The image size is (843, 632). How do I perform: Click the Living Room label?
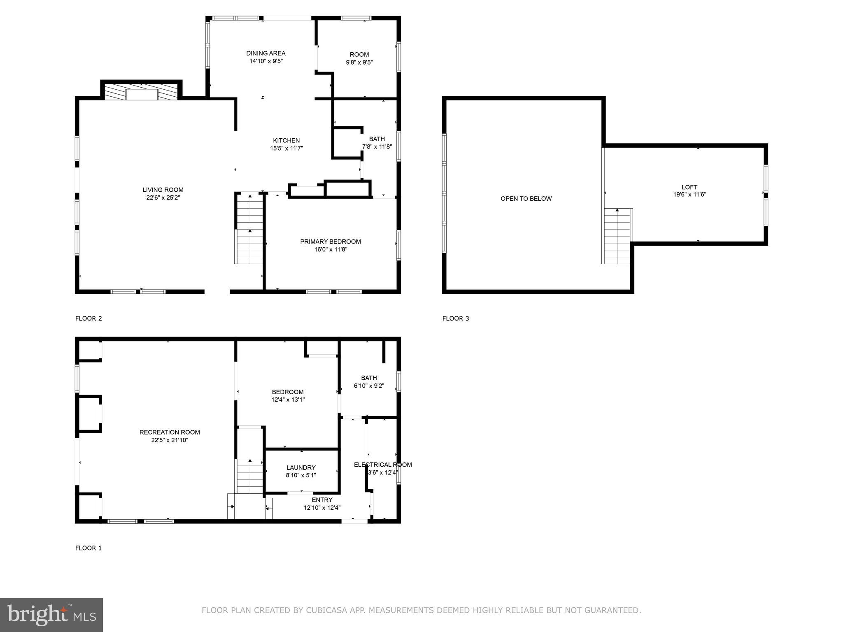163,190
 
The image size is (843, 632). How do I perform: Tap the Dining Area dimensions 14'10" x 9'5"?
266,61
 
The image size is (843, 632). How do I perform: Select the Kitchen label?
286,140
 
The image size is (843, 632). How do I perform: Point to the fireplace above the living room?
141,92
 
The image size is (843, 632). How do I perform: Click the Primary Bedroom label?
330,242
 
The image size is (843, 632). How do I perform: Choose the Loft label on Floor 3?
689,187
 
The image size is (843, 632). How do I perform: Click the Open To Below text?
526,199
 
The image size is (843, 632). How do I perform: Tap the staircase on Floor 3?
617,236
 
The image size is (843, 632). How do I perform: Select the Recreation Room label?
170,432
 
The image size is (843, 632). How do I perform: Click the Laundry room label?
301,467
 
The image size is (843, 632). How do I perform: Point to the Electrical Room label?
383,465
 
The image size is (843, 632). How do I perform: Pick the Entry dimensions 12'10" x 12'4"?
322,508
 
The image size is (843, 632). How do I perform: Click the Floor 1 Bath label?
369,378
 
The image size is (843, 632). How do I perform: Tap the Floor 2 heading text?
88,318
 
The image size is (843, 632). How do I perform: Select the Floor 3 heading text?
456,318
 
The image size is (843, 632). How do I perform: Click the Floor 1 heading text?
88,548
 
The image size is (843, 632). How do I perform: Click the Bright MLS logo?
51,615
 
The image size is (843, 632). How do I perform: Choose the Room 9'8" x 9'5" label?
359,55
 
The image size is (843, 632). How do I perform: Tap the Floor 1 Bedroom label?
288,392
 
